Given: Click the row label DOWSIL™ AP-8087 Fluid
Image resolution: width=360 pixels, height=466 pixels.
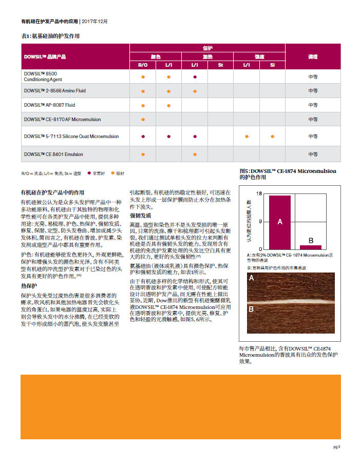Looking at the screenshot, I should tap(49, 105).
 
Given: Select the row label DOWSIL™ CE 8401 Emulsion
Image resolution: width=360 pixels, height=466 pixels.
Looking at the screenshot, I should tap(53, 154).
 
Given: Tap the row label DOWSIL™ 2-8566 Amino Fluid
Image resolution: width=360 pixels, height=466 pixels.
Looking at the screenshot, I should tap(54, 91).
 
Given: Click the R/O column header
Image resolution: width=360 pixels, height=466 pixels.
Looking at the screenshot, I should tap(143, 65).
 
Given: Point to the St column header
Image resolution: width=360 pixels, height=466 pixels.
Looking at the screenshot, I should tap(220, 65).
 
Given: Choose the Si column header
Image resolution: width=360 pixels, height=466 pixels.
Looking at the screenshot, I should tap(272, 65).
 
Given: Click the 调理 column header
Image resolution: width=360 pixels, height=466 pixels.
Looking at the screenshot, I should tap(313, 56).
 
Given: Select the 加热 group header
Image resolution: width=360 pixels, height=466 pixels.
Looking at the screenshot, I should tap(207, 56).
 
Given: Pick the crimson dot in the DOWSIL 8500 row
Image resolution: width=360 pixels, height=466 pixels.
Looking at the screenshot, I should tap(195, 76).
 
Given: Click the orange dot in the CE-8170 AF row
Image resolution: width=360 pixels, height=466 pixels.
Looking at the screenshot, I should tap(143, 119).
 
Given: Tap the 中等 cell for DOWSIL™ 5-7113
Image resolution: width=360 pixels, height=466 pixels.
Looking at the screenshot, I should tap(313, 137).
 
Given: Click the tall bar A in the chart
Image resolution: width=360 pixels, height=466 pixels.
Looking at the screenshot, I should tap(280, 222).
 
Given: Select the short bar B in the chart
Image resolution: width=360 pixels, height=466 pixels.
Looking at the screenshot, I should tap(311, 247).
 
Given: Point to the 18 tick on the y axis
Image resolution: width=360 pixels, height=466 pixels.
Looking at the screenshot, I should tap(260, 194).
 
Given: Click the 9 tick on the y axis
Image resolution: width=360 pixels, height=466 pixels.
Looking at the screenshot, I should tap(260, 222).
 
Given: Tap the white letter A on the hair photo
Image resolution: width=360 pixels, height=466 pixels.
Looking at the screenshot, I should tap(252, 278).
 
